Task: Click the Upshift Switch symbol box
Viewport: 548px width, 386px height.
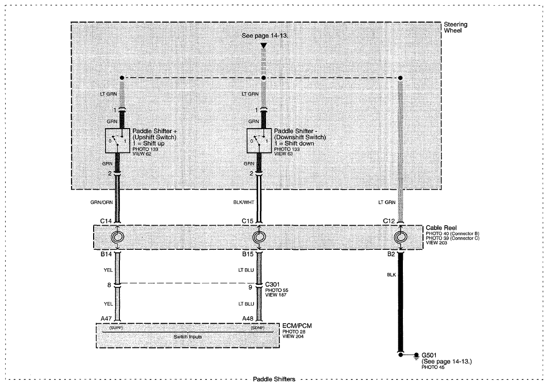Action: [118, 140]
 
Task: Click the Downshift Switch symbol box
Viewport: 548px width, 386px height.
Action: [259, 140]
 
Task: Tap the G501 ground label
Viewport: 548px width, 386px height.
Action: [429, 356]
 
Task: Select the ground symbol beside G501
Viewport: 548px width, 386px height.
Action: [416, 356]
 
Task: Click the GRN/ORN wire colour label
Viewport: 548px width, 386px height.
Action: [102, 203]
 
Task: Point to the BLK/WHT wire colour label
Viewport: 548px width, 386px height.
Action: [244, 203]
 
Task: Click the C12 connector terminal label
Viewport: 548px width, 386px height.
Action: [388, 221]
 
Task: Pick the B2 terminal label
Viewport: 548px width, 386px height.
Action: [391, 254]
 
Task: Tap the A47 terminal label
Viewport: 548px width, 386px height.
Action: [106, 318]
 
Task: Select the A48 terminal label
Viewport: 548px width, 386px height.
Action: [248, 318]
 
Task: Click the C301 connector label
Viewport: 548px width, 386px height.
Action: [272, 284]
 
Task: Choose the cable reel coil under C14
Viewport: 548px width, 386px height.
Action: [117, 237]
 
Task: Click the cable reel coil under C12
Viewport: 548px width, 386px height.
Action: [400, 237]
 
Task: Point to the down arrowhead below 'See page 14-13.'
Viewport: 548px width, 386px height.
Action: [264, 46]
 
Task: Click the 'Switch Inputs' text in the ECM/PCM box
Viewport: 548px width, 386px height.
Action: [188, 337]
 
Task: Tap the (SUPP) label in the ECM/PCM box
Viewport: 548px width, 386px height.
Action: [116, 328]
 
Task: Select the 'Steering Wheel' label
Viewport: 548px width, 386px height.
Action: [455, 27]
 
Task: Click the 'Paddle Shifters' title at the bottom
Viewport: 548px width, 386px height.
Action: [274, 379]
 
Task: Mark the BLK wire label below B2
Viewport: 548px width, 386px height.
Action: [392, 275]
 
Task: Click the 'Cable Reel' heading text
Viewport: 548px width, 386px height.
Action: [441, 228]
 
